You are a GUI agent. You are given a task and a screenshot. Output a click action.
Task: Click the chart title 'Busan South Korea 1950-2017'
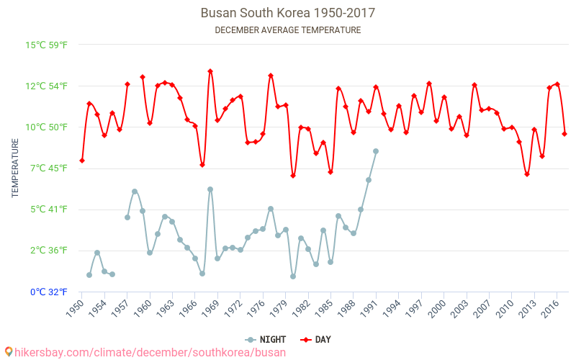click(x=287, y=13)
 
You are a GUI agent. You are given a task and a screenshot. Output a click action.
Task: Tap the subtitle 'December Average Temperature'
click(x=287, y=30)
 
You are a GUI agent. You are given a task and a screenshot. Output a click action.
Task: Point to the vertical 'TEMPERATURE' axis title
click(x=15, y=168)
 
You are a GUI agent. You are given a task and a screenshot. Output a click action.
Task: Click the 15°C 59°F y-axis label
click(x=47, y=45)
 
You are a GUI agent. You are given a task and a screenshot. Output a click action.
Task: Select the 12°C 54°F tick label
click(x=47, y=86)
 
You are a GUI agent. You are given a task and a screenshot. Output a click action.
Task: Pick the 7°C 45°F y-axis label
click(x=47, y=168)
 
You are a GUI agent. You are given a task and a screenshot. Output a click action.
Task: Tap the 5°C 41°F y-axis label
click(x=47, y=210)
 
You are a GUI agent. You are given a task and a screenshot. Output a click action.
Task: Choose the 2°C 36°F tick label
click(x=47, y=251)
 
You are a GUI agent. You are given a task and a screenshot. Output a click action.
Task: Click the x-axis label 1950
click(x=74, y=308)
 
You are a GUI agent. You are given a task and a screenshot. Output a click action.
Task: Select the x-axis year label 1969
click(x=211, y=308)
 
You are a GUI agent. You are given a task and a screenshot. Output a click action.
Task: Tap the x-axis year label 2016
click(x=551, y=308)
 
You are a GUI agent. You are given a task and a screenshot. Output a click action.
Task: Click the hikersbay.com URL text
click(x=150, y=352)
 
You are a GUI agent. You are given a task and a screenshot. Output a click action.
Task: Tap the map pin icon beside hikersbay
click(x=8, y=351)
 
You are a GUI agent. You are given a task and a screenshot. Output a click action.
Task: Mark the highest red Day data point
click(x=210, y=71)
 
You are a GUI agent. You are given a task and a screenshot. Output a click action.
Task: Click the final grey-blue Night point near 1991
click(x=376, y=151)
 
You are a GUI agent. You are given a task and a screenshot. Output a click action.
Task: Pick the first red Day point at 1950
click(x=82, y=161)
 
